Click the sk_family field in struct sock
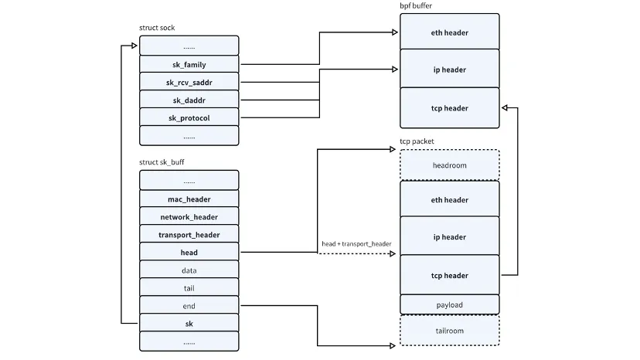[189, 65]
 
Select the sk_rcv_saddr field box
[189, 83]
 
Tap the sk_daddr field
[189, 100]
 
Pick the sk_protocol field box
[189, 118]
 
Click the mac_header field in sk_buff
[189, 199]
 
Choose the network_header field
[189, 217]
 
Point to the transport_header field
[189, 235]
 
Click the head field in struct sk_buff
[189, 253]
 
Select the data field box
[189, 270]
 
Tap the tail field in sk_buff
[189, 288]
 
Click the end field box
[189, 306]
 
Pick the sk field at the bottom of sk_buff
[189, 324]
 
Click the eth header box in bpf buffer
[449, 32]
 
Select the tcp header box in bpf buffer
[449, 108]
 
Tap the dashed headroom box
[449, 165]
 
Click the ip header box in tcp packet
[449, 237]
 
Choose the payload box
[449, 305]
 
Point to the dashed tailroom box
[449, 331]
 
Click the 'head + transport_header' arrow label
[356, 244]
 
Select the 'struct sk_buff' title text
[162, 162]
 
